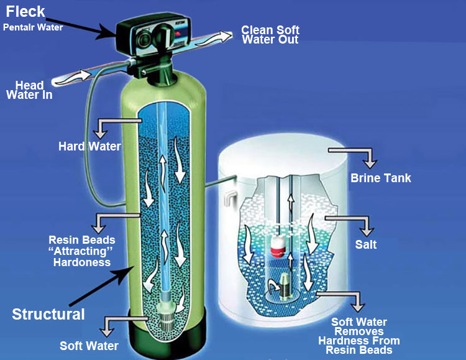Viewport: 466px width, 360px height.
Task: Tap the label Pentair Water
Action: tap(33, 27)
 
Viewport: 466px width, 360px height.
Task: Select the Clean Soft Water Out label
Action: tap(270, 35)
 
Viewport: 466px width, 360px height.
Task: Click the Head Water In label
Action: tap(29, 90)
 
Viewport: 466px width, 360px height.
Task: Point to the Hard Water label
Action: tap(89, 147)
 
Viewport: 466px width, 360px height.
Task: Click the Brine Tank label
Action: tap(381, 178)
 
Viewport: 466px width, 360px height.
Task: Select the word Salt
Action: tap(366, 245)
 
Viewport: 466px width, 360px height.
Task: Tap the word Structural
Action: tap(48, 314)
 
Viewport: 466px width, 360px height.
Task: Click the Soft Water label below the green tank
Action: tap(88, 346)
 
